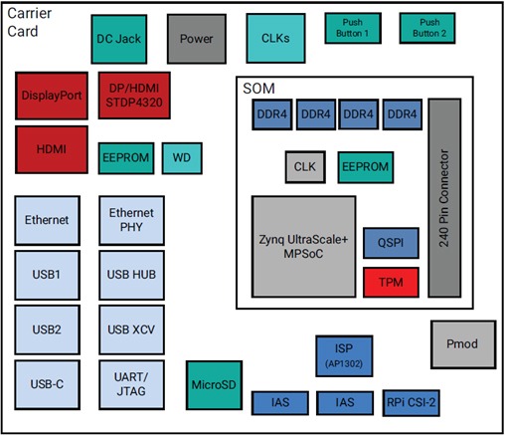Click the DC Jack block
[x=118, y=39]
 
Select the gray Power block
[x=197, y=39]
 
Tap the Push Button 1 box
[x=354, y=28]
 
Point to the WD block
[x=182, y=157]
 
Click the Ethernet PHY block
[x=132, y=219]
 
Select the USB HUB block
[x=132, y=274]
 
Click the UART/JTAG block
[x=132, y=383]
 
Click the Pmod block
[x=461, y=344]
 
